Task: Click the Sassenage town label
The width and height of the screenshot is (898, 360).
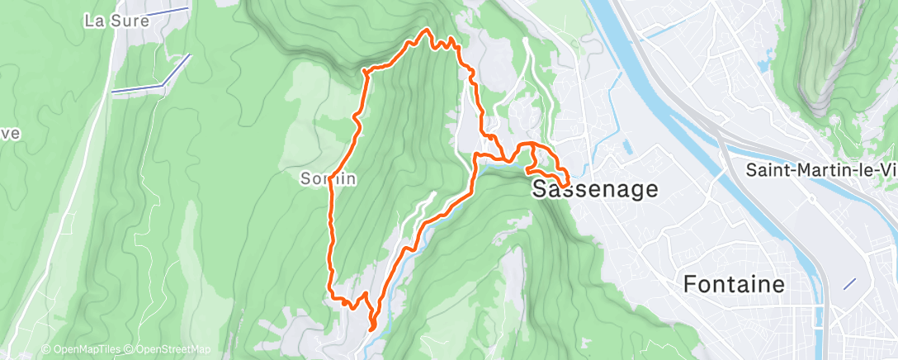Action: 595,189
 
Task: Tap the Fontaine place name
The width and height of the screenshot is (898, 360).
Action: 734,285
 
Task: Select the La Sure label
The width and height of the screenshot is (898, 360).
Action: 116,21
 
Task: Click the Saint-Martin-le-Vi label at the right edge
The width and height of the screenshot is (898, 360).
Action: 820,170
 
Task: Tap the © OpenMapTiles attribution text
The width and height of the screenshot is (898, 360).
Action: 83,350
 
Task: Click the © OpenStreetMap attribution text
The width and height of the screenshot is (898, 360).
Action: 170,350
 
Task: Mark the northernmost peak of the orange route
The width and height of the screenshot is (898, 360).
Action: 427,31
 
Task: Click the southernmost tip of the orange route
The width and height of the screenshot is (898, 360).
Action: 371,328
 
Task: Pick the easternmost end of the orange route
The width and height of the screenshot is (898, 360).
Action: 568,183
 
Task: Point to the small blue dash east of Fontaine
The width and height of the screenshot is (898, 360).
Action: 849,283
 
